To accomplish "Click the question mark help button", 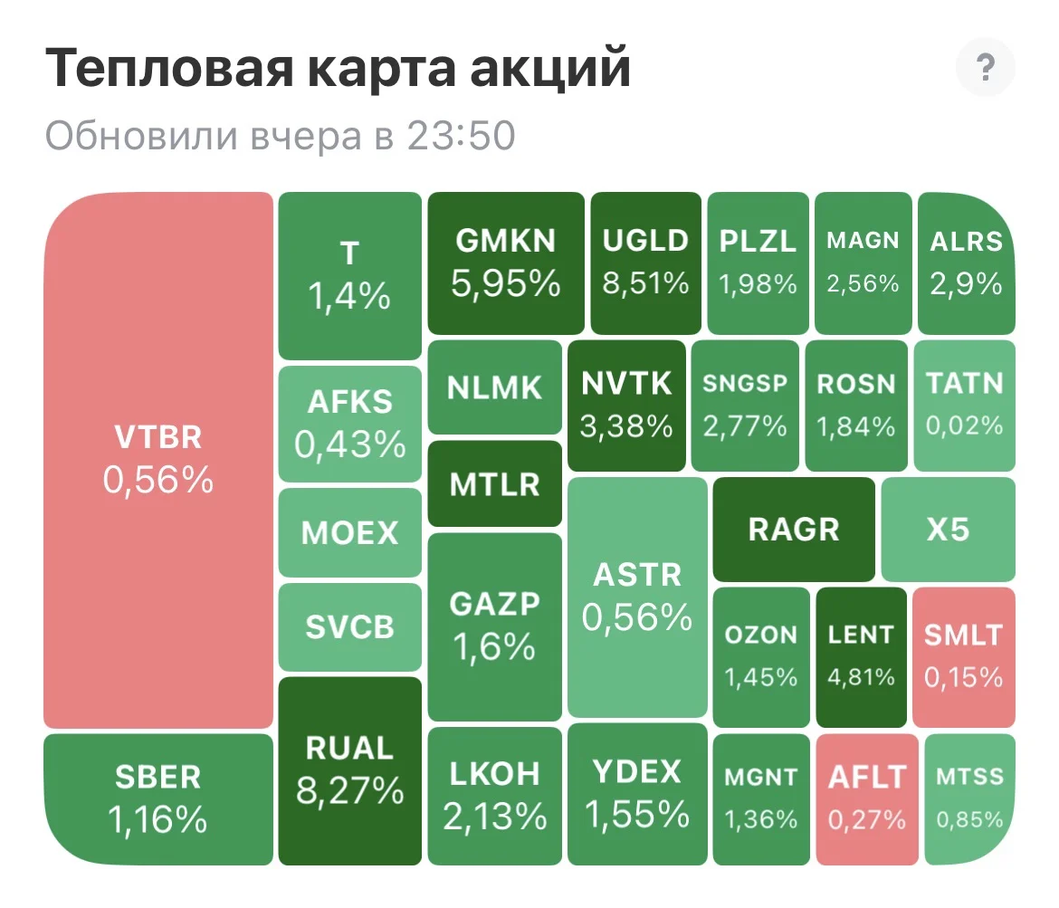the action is pyautogui.click(x=986, y=67).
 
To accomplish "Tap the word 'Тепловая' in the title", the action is pyautogui.click(x=169, y=68).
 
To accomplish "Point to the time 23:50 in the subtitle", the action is pyautogui.click(x=461, y=136).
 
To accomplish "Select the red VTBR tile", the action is pyautogui.click(x=158, y=460).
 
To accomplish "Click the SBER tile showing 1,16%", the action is pyautogui.click(x=158, y=799).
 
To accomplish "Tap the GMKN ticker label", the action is pyautogui.click(x=506, y=241).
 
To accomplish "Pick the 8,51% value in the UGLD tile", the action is pyautogui.click(x=645, y=283).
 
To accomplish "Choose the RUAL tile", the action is pyautogui.click(x=350, y=771).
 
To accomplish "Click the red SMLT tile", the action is pyautogui.click(x=964, y=656).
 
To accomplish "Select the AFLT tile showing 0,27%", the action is pyautogui.click(x=867, y=799).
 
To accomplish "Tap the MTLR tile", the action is pyautogui.click(x=495, y=483).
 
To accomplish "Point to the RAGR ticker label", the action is pyautogui.click(x=794, y=529).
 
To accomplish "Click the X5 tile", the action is pyautogui.click(x=949, y=529).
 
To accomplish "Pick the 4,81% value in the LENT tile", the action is pyautogui.click(x=861, y=677).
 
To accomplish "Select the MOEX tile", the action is pyautogui.click(x=350, y=532).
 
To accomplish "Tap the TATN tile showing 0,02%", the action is pyautogui.click(x=965, y=406).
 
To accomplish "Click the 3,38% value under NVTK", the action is pyautogui.click(x=626, y=426).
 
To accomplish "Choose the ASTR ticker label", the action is pyautogui.click(x=637, y=575).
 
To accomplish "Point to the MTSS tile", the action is pyautogui.click(x=970, y=799).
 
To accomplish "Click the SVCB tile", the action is pyautogui.click(x=350, y=627).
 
